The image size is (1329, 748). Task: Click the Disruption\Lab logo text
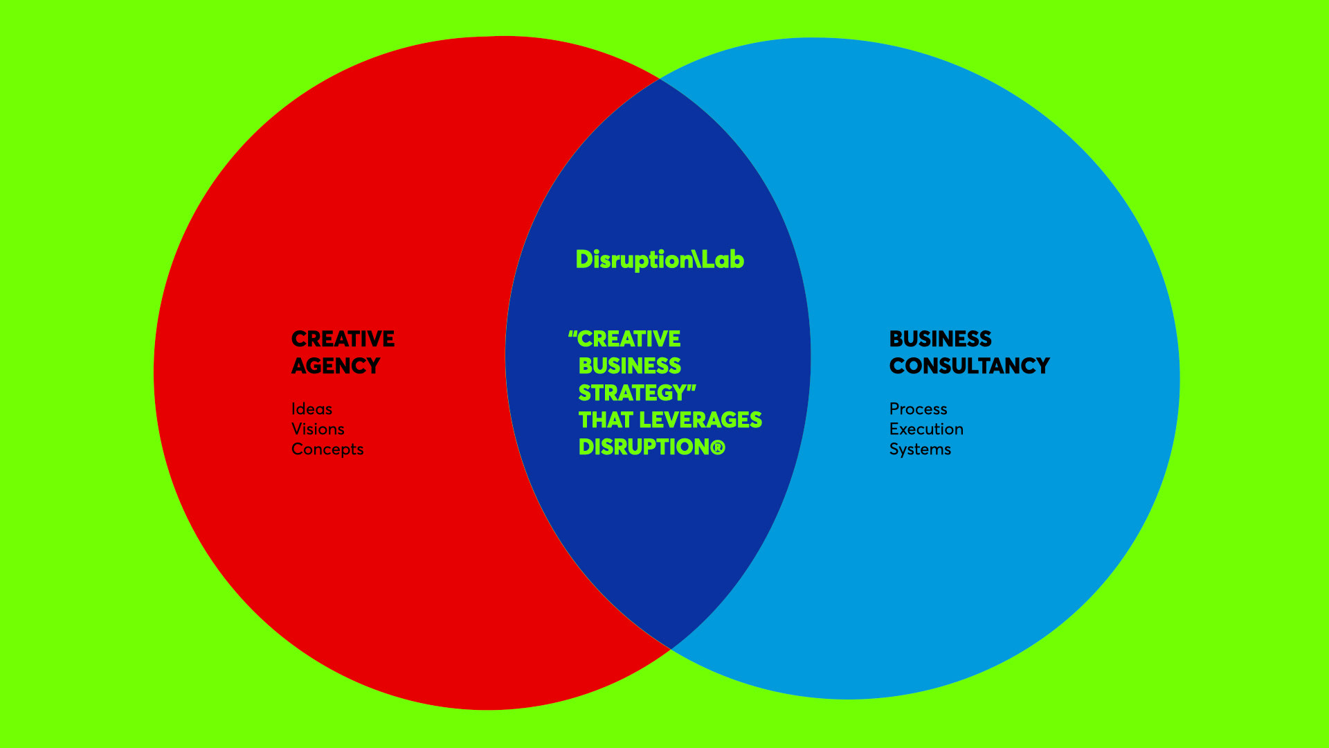point(660,260)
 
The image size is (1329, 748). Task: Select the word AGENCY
point(336,366)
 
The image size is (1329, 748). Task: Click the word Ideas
point(311,409)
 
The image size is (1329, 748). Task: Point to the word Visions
point(318,429)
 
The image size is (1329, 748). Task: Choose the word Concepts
point(327,449)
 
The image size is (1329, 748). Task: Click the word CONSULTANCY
point(969,366)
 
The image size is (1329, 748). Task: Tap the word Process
point(918,409)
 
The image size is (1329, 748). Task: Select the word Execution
point(926,429)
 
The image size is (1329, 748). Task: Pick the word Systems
point(920,449)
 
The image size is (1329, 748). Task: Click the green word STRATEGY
point(631,393)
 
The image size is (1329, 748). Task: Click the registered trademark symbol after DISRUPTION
point(718,447)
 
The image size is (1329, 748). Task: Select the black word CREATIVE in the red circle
point(343,339)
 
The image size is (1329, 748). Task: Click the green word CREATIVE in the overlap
point(629,339)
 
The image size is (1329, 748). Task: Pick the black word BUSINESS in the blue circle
point(940,339)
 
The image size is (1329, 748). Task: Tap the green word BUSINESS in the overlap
point(629,366)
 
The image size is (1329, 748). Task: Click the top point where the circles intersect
point(659,79)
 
